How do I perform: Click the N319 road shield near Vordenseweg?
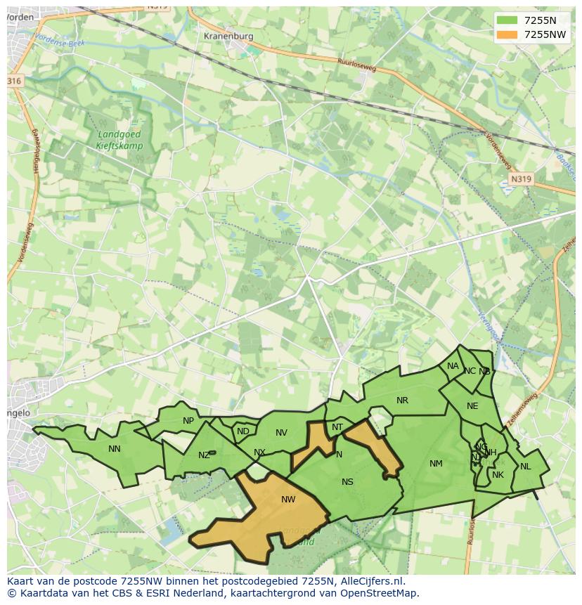coord(521,179)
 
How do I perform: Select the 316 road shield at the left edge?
coord(14,82)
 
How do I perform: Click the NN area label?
coord(115,449)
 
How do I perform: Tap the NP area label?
coord(188,422)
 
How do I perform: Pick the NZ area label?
coord(204,455)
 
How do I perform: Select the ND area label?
coord(243,431)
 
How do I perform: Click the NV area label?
coord(281,433)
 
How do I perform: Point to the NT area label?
coord(337,427)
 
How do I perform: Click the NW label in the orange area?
coord(288,500)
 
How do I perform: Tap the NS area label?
coord(347,482)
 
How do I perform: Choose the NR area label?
coord(402,401)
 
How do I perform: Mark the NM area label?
coord(436,464)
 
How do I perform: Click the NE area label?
coord(472,406)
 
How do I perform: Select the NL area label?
coord(525,467)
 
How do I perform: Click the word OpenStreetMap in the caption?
coord(380,593)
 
